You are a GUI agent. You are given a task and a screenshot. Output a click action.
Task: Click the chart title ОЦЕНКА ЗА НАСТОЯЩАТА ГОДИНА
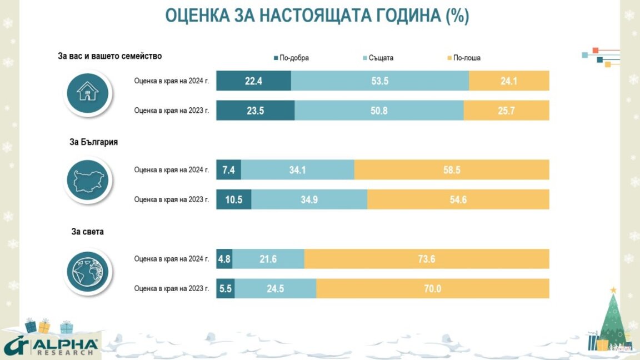coord(317,16)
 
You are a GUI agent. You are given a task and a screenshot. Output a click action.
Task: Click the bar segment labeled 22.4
coord(253,81)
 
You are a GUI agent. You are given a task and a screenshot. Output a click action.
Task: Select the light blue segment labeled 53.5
coord(380,81)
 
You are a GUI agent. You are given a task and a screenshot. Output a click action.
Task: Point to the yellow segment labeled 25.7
coord(506,111)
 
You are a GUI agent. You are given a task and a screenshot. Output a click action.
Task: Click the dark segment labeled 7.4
coord(228,170)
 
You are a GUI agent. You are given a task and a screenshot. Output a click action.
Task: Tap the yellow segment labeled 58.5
coord(452,170)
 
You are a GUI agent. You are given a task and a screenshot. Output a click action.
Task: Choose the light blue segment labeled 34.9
coord(309,199)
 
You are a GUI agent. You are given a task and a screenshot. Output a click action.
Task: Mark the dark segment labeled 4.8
coord(224,259)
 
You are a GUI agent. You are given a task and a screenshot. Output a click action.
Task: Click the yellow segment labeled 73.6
coord(427,259)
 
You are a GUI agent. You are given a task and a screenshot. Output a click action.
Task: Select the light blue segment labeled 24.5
coord(275,288)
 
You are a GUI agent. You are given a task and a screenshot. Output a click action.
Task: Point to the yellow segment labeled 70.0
coord(433,288)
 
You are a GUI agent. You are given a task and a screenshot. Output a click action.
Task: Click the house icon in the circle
coord(87,91)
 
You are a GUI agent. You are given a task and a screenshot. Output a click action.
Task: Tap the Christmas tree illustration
coord(613,322)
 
